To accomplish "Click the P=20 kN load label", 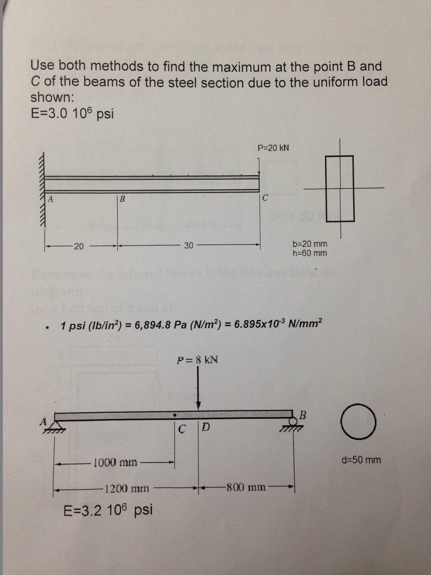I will (x=273, y=148).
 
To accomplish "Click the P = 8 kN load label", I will (x=197, y=360).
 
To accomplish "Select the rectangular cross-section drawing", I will (x=340, y=188).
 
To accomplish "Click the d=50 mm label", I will (x=361, y=460).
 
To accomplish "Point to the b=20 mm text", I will (x=310, y=244).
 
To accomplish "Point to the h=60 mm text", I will (x=310, y=253).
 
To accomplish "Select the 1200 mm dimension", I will (x=127, y=489).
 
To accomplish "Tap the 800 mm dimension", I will (x=246, y=488).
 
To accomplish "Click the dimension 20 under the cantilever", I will (x=79, y=246).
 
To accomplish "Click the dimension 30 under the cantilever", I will (x=189, y=246).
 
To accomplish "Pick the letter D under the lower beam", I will (x=206, y=428).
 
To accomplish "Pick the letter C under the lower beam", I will (x=182, y=429).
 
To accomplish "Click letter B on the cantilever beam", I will (x=122, y=199).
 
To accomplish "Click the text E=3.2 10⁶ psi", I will (x=108, y=509).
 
